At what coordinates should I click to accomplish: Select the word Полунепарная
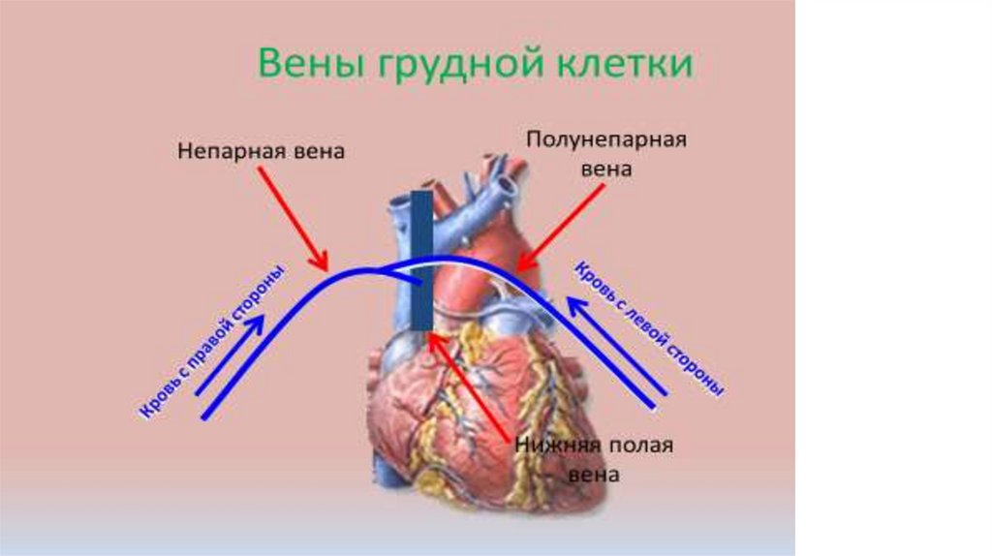pyautogui.click(x=606, y=139)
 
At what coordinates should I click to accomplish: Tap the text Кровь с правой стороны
pyautogui.click(x=214, y=341)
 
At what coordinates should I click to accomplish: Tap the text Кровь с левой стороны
pyautogui.click(x=651, y=326)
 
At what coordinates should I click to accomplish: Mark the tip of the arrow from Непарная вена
pyautogui.click(x=326, y=270)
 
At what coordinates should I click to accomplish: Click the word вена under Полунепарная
pyautogui.click(x=606, y=168)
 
